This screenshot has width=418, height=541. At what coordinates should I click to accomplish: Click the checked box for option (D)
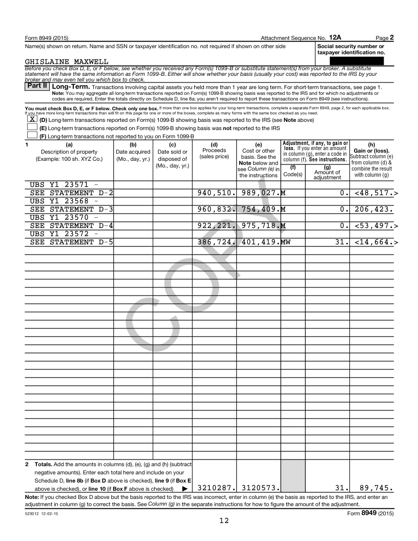tap(32, 119)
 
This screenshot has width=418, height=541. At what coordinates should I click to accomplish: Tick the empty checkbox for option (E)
tap(32, 127)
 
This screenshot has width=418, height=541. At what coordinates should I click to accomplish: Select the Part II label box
tap(37, 87)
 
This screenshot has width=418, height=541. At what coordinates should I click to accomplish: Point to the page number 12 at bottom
tap(224, 521)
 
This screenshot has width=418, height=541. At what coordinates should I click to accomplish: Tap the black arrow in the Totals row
tap(184, 489)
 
